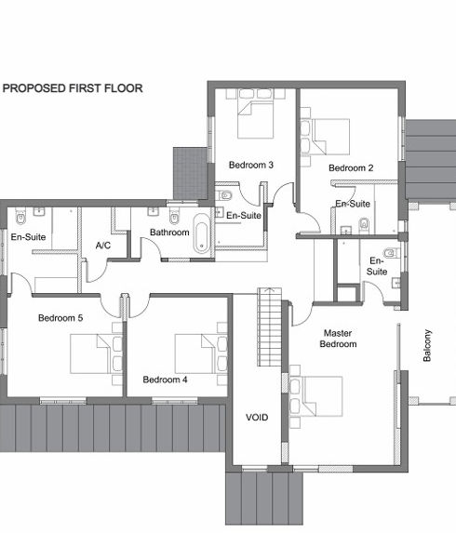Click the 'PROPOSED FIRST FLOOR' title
73,88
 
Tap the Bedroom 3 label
251,166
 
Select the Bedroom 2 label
351,168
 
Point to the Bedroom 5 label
60,318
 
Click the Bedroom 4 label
165,380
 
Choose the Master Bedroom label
338,339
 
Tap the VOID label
257,418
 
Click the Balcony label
427,345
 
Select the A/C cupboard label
103,245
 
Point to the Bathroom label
169,233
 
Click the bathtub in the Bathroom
202,233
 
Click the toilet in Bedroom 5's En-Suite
20,217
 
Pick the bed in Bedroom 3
255,114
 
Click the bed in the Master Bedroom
316,396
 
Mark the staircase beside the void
269,327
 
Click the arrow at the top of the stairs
270,290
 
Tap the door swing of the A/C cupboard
98,272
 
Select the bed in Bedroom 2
326,137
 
